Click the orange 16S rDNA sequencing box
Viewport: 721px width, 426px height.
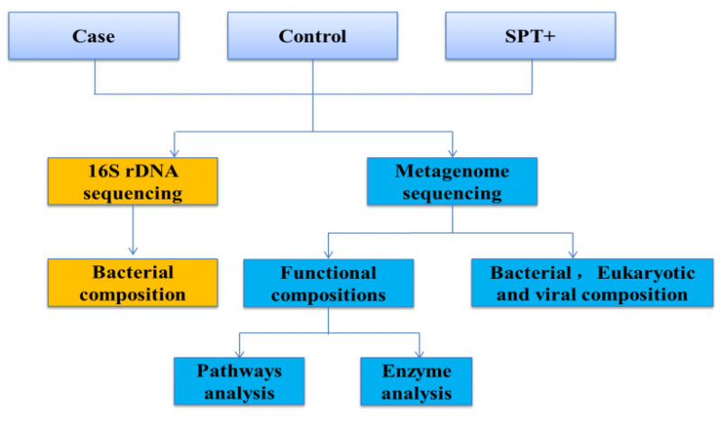tap(132, 181)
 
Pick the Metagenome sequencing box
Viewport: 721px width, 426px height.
tap(452, 181)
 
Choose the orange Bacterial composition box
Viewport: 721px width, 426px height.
tap(132, 282)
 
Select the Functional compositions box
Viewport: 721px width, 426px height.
tap(328, 282)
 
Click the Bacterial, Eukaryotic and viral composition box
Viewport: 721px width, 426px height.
tap(592, 282)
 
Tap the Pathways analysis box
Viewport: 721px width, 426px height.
tap(239, 381)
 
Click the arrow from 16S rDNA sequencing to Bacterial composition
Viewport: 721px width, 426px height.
tap(132, 230)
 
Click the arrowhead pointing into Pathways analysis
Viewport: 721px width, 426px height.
tap(239, 352)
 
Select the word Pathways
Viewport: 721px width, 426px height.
tap(239, 370)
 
